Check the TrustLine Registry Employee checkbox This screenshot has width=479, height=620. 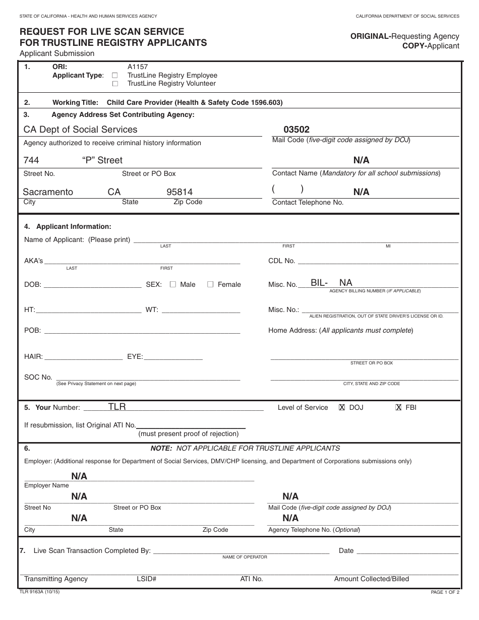[x=115, y=76]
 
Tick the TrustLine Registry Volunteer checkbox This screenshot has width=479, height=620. [x=115, y=84]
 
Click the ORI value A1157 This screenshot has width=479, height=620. [x=138, y=67]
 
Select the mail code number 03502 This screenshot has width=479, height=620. [x=296, y=130]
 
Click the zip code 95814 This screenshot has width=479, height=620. [x=179, y=192]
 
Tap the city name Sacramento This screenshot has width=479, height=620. [x=48, y=192]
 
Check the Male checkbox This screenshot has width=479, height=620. [x=173, y=284]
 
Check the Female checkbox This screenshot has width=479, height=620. [x=211, y=284]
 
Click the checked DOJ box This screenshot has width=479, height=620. [x=342, y=407]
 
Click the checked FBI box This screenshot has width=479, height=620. [x=398, y=407]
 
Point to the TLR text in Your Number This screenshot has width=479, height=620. [x=117, y=407]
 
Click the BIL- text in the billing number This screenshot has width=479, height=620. [x=319, y=283]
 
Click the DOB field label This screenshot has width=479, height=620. [x=32, y=285]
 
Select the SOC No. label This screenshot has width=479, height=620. [x=38, y=377]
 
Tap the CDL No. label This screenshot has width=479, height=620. [x=281, y=261]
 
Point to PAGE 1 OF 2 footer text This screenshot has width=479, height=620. [x=445, y=592]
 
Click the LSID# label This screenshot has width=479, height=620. [x=146, y=579]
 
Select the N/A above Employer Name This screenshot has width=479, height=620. [x=79, y=476]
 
